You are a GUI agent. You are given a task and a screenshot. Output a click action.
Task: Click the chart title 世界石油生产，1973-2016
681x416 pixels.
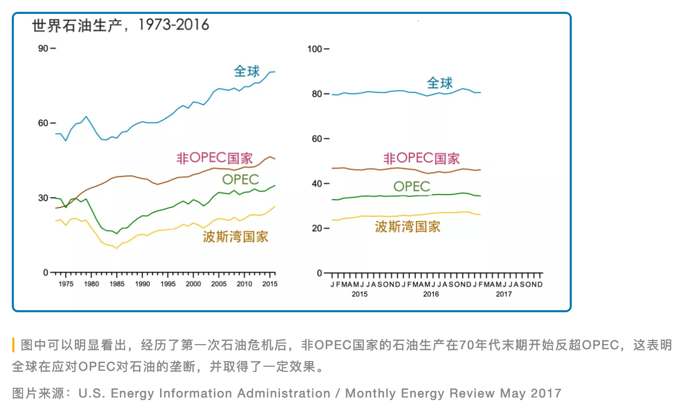[x=121, y=25]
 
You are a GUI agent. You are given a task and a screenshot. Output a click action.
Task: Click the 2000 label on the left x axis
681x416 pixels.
[x=193, y=284]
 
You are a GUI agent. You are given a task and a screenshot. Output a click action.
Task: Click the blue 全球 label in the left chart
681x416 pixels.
[x=247, y=71]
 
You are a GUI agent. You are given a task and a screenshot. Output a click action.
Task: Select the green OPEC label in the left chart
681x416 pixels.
[x=240, y=179]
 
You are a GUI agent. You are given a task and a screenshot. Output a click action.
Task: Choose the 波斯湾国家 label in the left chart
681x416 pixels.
[x=235, y=237]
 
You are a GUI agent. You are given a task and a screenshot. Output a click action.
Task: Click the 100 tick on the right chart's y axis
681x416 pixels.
[x=314, y=49]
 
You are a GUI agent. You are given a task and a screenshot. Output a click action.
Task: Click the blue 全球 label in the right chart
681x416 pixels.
[x=440, y=83]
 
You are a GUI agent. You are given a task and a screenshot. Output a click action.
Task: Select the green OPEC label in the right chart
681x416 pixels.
[x=411, y=186]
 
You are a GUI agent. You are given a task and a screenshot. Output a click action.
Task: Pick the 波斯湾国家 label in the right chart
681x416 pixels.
[x=408, y=226]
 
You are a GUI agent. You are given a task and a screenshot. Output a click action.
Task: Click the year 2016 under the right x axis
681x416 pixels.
[x=431, y=294]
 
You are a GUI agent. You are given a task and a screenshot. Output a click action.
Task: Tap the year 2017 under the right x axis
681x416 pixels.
[x=504, y=294]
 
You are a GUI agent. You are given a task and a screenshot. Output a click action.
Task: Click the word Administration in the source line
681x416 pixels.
[x=284, y=394]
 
